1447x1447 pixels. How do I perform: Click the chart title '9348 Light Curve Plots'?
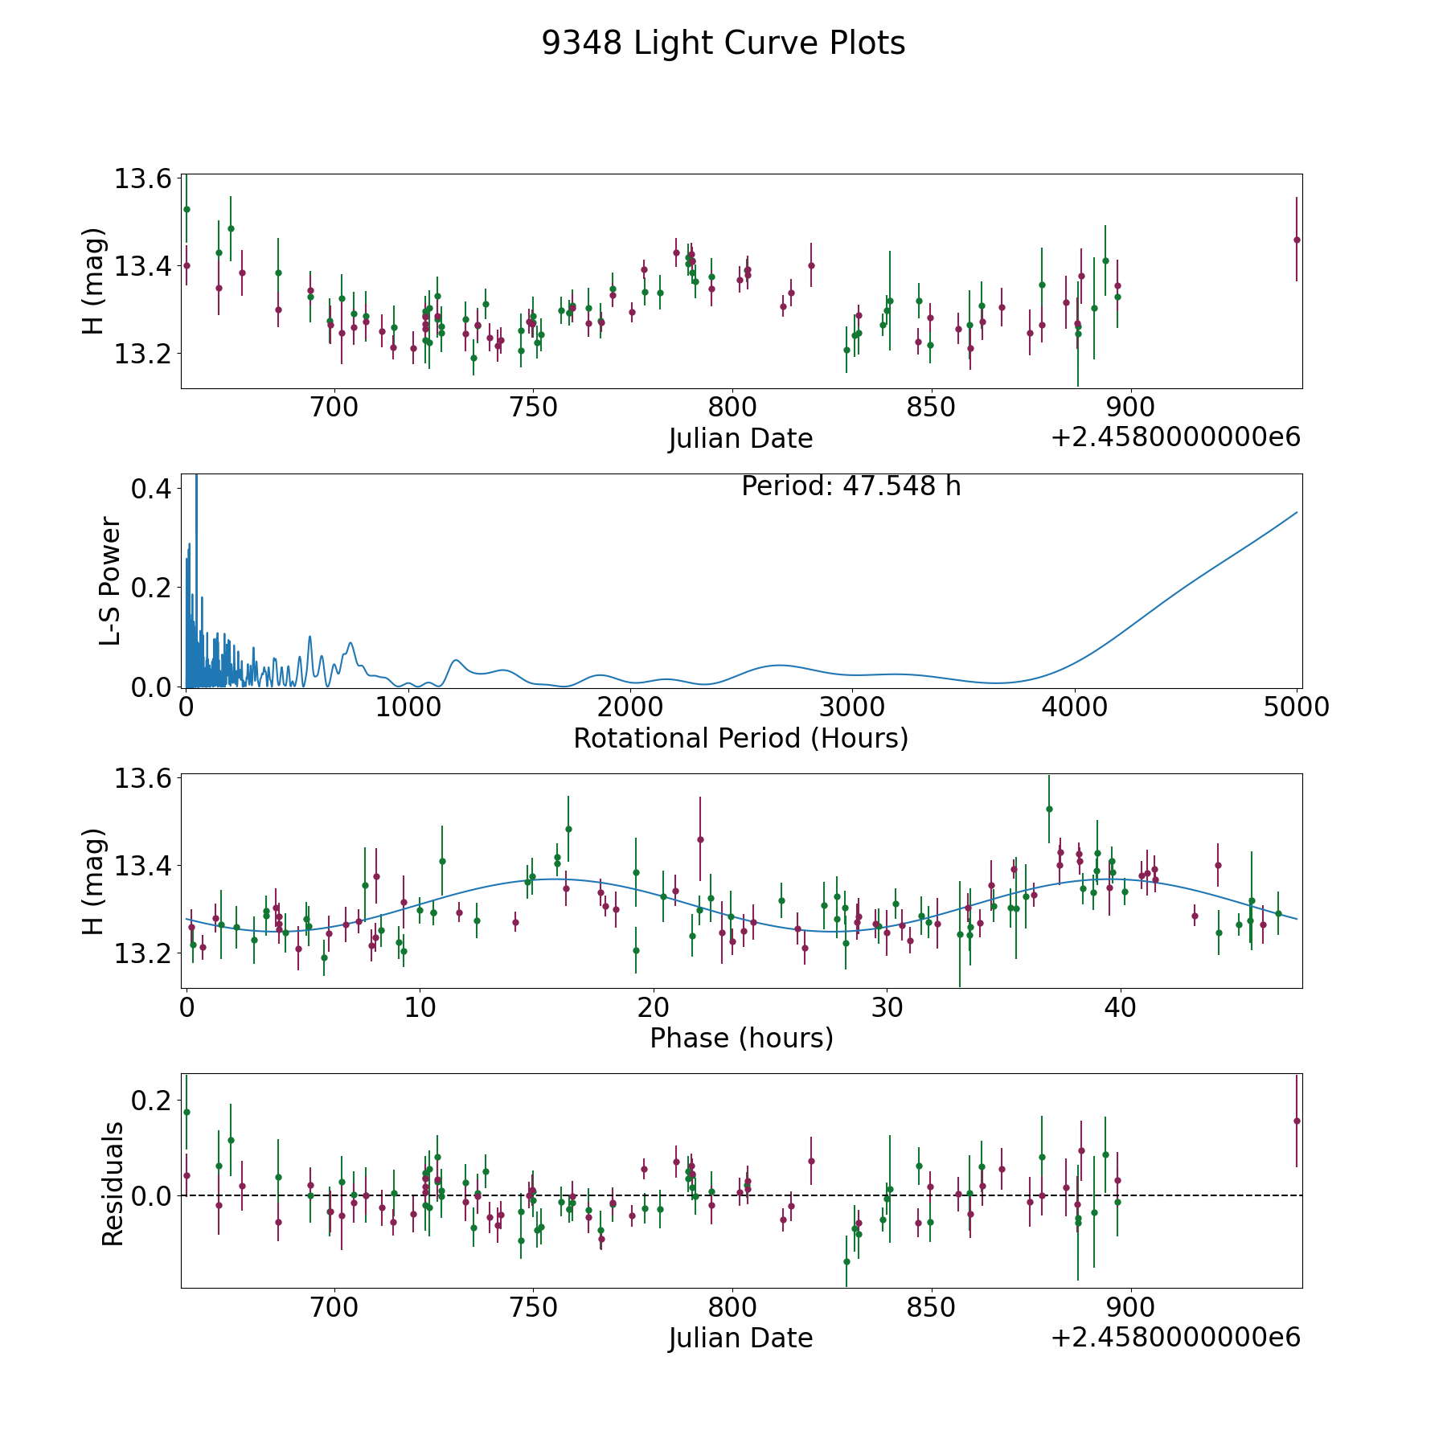[723, 43]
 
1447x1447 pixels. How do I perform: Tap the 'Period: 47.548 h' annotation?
[851, 486]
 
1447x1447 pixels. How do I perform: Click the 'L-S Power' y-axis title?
[111, 581]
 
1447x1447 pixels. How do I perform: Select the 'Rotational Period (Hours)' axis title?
[740, 738]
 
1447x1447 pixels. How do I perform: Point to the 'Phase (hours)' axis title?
[741, 1038]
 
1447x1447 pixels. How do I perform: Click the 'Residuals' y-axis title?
[113, 1183]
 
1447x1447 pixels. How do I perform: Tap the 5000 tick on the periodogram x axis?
[1297, 707]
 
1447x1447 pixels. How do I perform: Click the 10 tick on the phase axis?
[420, 1007]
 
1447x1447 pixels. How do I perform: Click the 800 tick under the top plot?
[732, 408]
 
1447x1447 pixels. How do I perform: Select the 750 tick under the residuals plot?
[533, 1307]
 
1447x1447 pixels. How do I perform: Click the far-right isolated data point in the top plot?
[1297, 240]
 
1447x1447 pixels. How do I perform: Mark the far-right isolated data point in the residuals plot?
[1297, 1121]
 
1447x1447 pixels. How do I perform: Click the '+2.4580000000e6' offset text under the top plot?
[1175, 438]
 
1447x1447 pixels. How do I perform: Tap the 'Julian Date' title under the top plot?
[740, 439]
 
